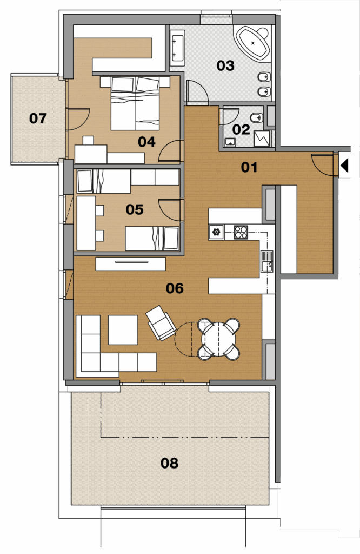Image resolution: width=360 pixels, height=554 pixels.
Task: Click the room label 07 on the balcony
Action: (38, 118)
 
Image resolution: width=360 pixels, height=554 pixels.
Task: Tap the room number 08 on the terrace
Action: (169, 463)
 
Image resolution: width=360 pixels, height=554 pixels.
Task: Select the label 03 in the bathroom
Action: (225, 65)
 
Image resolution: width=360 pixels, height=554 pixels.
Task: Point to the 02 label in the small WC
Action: (241, 130)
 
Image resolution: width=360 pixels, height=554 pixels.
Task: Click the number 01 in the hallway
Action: (249, 167)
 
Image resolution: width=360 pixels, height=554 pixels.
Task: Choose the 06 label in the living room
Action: (175, 288)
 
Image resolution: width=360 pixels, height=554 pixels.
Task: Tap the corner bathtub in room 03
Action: (252, 43)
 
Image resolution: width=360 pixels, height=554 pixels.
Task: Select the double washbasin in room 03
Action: (177, 48)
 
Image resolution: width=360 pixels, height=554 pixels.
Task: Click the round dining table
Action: (218, 339)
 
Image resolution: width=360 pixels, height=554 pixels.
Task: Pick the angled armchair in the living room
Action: (161, 323)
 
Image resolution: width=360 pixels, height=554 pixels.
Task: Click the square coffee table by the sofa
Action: (123, 330)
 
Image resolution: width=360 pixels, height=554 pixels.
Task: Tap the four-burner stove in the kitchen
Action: (241, 232)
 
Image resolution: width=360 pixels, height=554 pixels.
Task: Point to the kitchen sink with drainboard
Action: (267, 261)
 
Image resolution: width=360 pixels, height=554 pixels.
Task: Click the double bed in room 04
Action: (135, 103)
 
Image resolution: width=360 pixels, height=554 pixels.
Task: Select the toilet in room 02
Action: (256, 117)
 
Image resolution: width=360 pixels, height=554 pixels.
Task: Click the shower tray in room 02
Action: (262, 139)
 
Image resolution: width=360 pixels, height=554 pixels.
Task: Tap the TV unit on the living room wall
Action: (131, 264)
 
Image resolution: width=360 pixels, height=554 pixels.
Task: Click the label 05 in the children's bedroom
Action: (135, 209)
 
